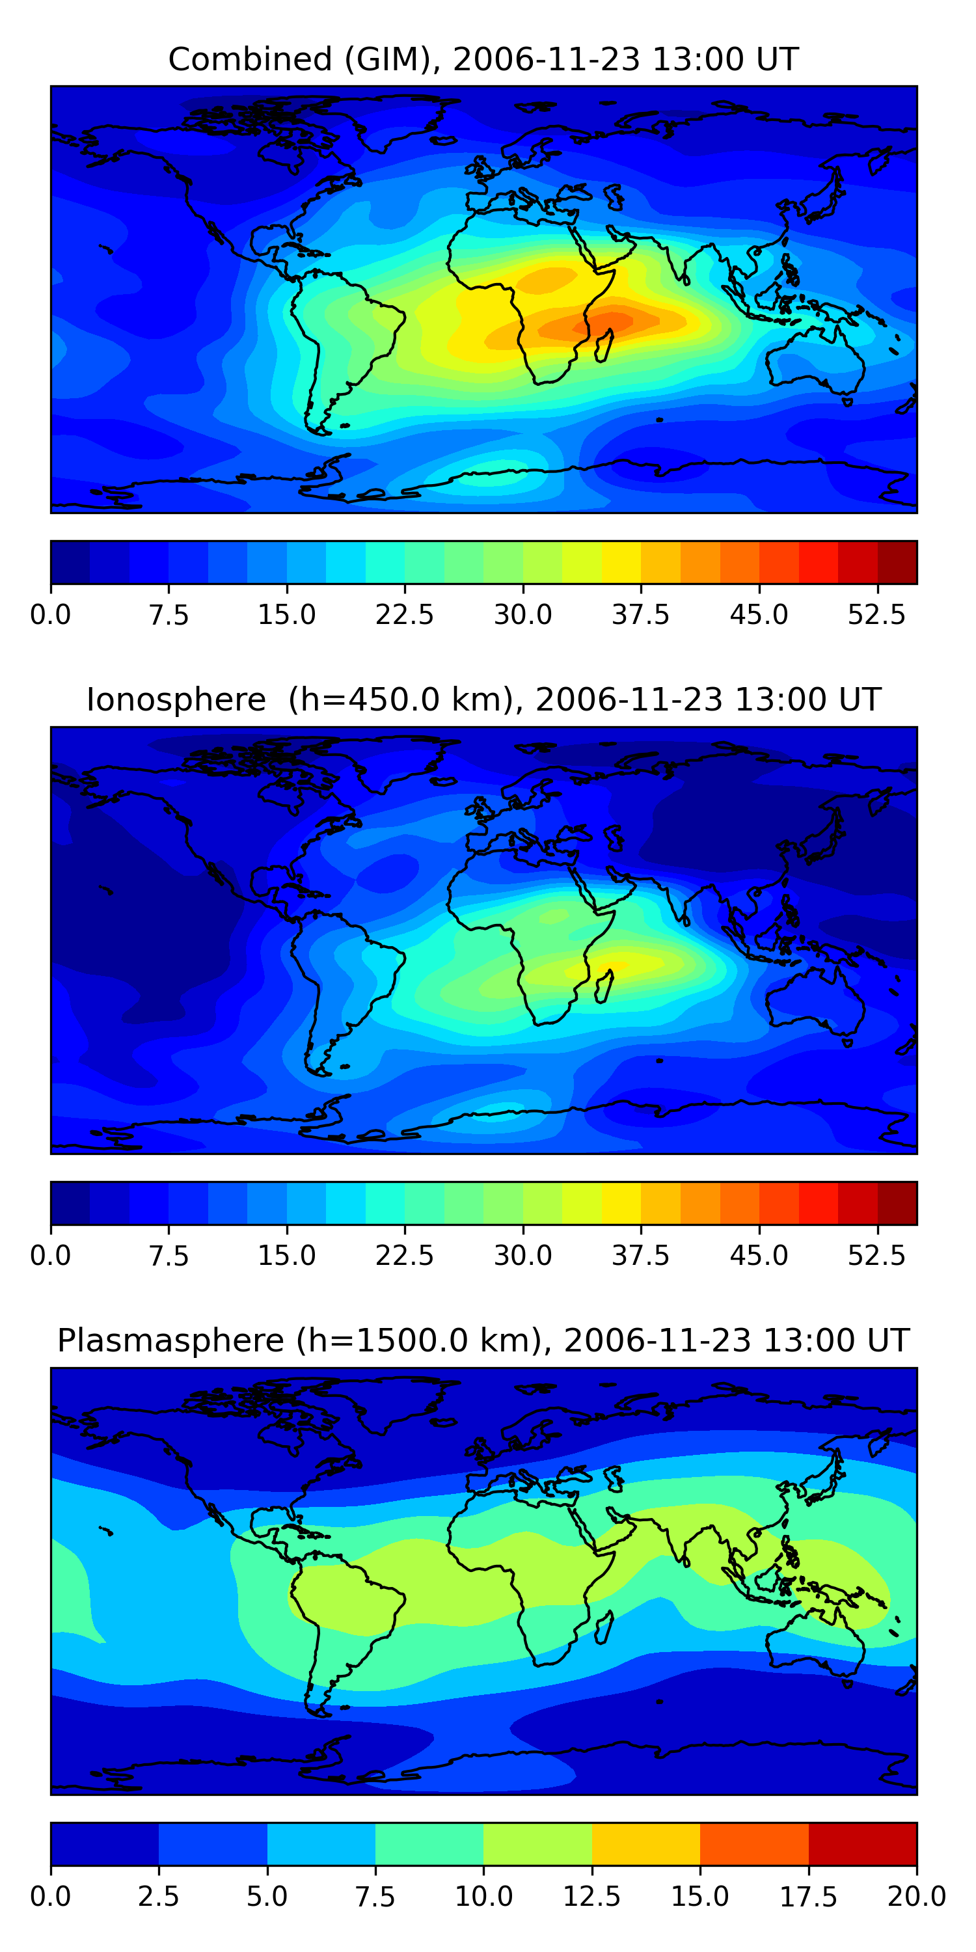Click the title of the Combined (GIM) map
(x=483, y=59)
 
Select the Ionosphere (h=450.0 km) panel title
(x=483, y=699)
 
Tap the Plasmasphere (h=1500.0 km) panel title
(x=483, y=1340)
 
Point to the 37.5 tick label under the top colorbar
(x=640, y=614)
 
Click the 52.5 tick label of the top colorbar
(x=876, y=614)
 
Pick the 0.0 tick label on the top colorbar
(x=51, y=614)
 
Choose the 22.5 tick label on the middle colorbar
(x=405, y=1256)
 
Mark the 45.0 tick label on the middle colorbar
(x=759, y=1256)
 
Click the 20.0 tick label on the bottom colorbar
(x=917, y=1897)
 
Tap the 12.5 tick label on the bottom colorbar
(x=592, y=1897)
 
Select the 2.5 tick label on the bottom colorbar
(x=158, y=1897)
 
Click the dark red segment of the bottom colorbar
(x=863, y=1843)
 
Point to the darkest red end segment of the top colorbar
(x=897, y=562)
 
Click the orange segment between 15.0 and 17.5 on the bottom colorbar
(x=755, y=1843)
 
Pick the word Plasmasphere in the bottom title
(x=170, y=1340)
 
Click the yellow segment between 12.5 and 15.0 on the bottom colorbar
(x=646, y=1843)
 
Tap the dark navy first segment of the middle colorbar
(x=70, y=1203)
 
